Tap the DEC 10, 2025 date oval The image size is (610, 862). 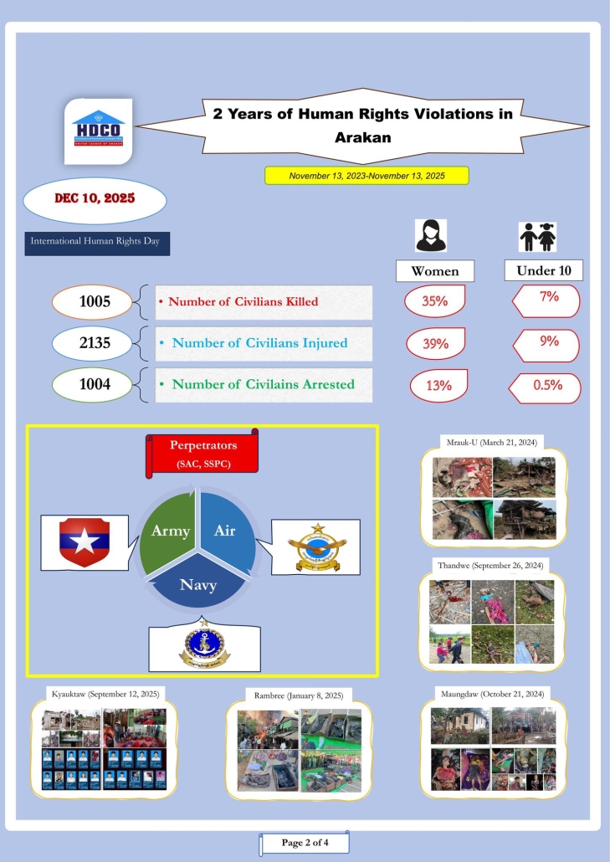point(95,200)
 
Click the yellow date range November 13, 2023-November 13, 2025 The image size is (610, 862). point(367,176)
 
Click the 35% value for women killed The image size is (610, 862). point(435,301)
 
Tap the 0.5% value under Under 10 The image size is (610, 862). point(547,386)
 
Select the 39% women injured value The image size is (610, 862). point(435,343)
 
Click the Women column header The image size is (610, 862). point(434,271)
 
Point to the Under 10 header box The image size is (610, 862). point(543,270)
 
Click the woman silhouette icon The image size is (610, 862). point(432,236)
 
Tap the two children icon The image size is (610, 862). point(538,237)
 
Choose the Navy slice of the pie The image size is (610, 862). point(198,587)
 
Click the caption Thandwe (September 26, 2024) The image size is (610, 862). point(490,567)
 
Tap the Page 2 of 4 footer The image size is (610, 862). point(304,842)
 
